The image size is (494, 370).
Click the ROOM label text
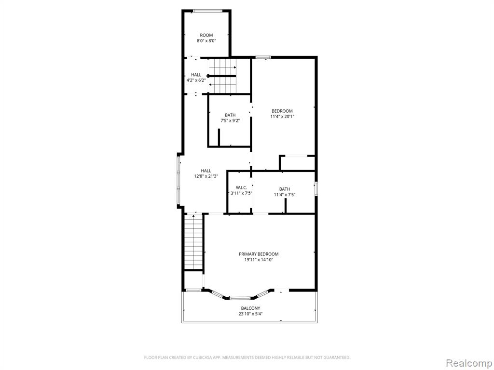[x=206, y=35]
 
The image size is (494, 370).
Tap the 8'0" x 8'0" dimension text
[x=206, y=41]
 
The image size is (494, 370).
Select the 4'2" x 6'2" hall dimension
[x=196, y=80]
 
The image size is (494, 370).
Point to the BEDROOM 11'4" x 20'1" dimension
[x=282, y=117]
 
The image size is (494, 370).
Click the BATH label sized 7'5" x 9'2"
[x=230, y=115]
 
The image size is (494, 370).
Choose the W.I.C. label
[x=241, y=188]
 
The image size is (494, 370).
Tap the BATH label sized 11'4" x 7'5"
[x=285, y=189]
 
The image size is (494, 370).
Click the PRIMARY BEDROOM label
[x=259, y=254]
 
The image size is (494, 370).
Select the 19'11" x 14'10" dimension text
[x=259, y=260]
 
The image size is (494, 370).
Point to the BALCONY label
[x=250, y=308]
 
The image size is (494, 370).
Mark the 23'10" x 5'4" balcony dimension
[x=250, y=314]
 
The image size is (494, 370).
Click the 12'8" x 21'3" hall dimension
[x=206, y=176]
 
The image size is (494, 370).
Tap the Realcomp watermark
[x=468, y=363]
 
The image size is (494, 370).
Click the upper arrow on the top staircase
[x=222, y=67]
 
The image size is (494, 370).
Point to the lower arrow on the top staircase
[x=222, y=85]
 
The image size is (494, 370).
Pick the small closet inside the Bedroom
[x=297, y=163]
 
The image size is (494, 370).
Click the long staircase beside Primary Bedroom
[x=193, y=242]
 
